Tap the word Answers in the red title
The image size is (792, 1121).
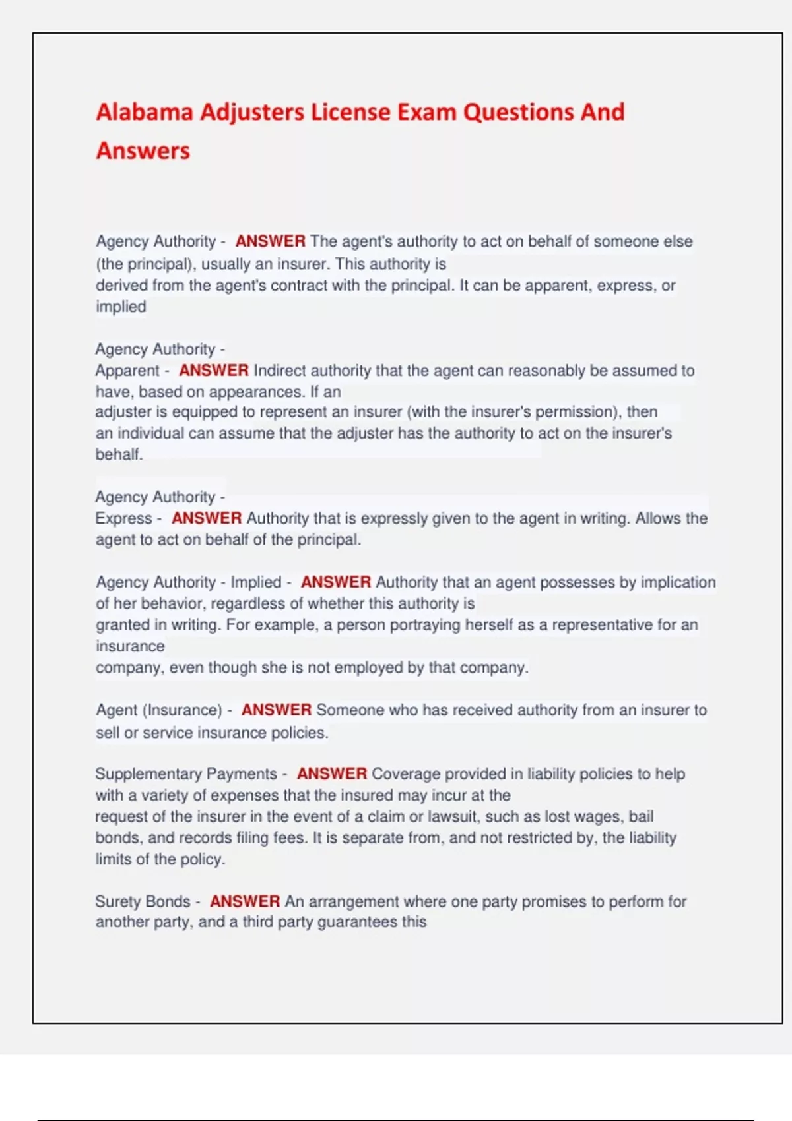pos(143,151)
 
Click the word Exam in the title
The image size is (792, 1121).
pos(426,112)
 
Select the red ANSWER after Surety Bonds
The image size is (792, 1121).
pos(245,901)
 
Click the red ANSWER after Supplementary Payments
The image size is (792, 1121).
pos(332,773)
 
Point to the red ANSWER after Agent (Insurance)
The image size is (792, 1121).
pos(277,710)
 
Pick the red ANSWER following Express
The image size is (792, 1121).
pos(207,518)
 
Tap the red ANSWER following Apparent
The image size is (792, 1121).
pos(214,371)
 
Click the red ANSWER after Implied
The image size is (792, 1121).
pos(336,582)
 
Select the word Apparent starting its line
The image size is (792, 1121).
pos(127,371)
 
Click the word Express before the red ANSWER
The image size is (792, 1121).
pos(123,518)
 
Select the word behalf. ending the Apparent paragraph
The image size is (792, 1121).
pos(119,454)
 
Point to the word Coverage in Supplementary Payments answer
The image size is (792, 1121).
pos(403,773)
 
